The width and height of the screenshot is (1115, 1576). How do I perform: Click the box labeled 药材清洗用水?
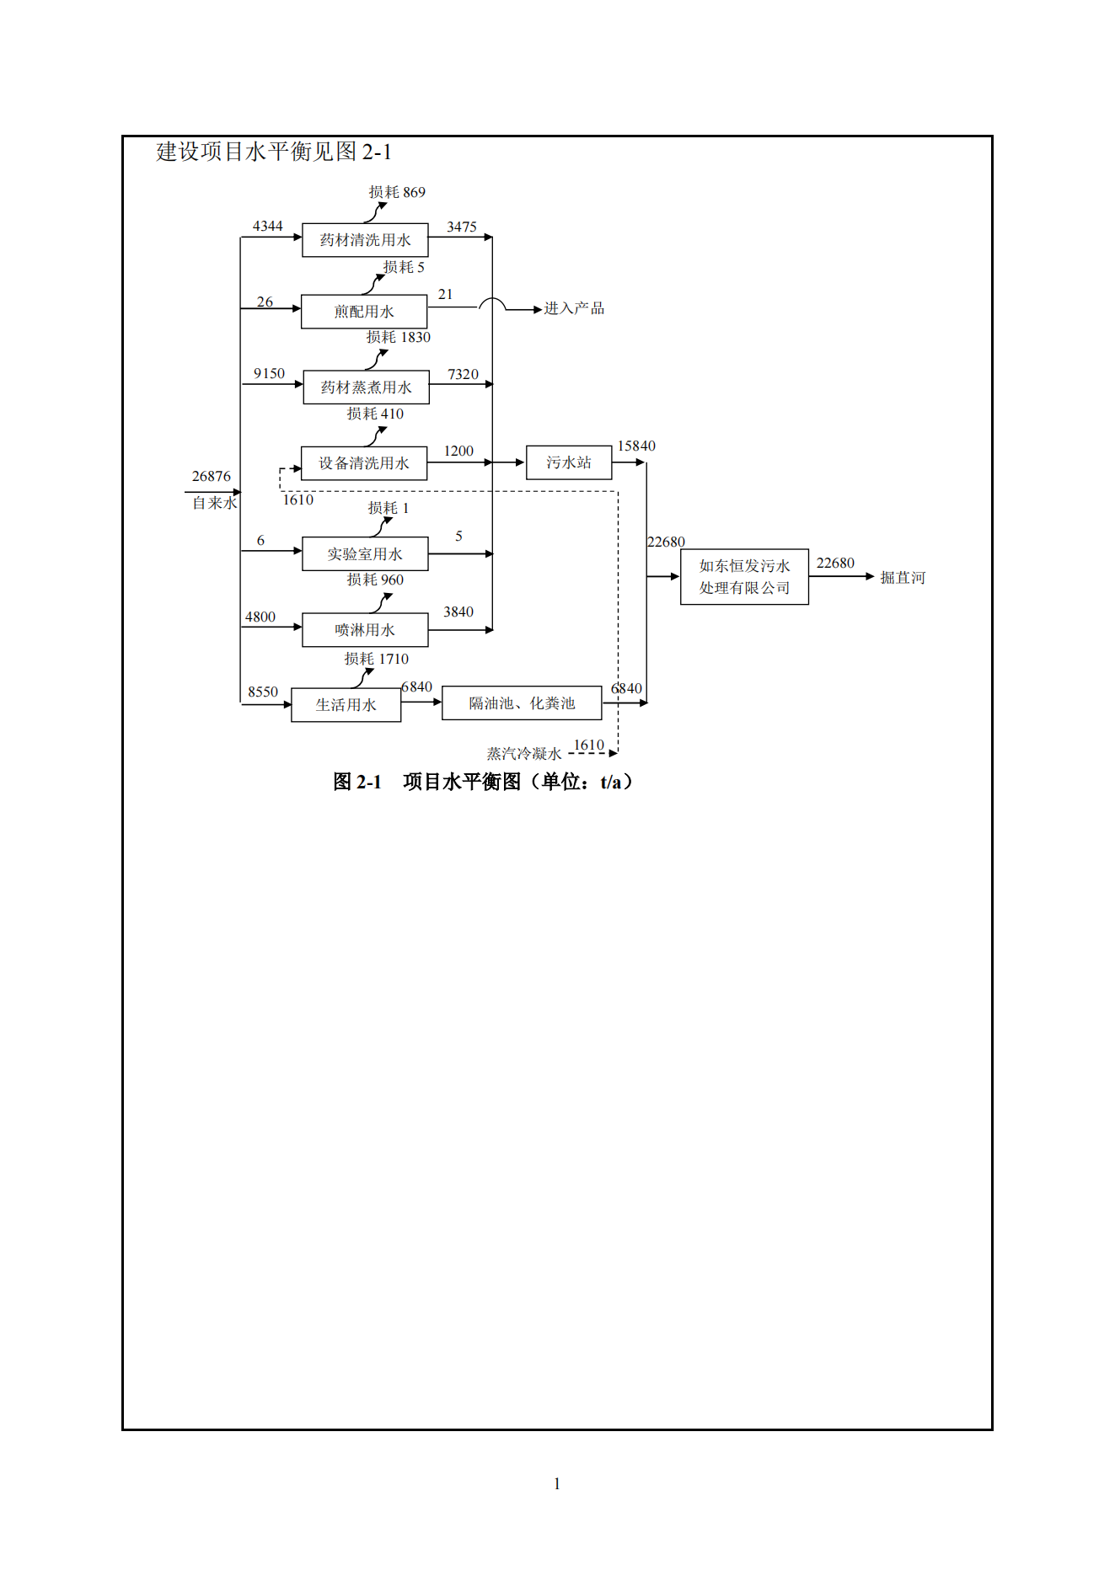tap(365, 240)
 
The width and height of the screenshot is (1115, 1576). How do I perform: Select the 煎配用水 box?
tap(364, 312)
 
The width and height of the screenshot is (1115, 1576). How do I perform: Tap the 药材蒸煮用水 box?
tap(366, 387)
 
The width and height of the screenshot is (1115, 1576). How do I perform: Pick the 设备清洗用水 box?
tap(364, 463)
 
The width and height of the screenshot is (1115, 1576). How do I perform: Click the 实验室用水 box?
tap(365, 554)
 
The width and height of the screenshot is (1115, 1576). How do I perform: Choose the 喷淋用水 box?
tap(365, 630)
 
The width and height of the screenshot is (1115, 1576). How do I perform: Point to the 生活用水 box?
tap(346, 705)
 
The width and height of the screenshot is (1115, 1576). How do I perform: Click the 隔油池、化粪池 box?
tap(522, 703)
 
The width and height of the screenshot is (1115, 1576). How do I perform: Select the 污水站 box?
tap(569, 462)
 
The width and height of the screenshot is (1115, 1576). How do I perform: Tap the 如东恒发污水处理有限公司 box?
tap(744, 577)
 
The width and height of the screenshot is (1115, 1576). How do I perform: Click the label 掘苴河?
tap(903, 578)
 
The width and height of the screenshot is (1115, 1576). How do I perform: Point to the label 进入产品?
tap(574, 308)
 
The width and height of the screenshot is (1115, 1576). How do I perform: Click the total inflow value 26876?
tap(211, 477)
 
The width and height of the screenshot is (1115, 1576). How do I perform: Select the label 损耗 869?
tap(397, 192)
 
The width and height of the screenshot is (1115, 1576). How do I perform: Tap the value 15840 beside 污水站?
tap(636, 446)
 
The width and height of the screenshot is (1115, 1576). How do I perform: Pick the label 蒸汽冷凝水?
tap(523, 754)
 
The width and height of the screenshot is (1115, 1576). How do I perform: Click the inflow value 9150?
tap(269, 373)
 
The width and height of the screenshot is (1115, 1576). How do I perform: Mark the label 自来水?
tap(214, 503)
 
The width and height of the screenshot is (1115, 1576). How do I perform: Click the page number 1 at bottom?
tap(557, 1483)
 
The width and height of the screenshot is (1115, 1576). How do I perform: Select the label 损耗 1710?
tap(376, 659)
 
